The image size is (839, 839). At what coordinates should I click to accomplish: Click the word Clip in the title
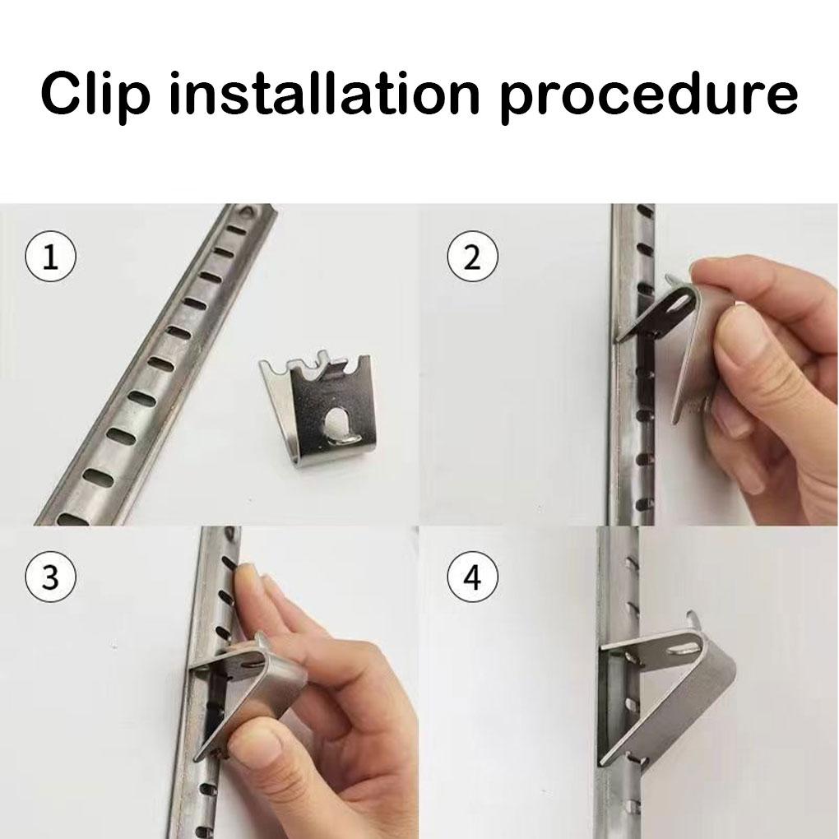(x=95, y=95)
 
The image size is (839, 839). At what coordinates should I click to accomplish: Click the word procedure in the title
(x=649, y=95)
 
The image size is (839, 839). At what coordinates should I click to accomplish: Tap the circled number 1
(x=51, y=257)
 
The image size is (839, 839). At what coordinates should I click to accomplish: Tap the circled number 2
(x=472, y=257)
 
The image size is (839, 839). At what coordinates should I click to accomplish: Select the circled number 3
(x=51, y=577)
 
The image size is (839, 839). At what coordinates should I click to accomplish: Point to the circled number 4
(x=472, y=577)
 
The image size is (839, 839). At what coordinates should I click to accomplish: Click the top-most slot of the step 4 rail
(x=632, y=563)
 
